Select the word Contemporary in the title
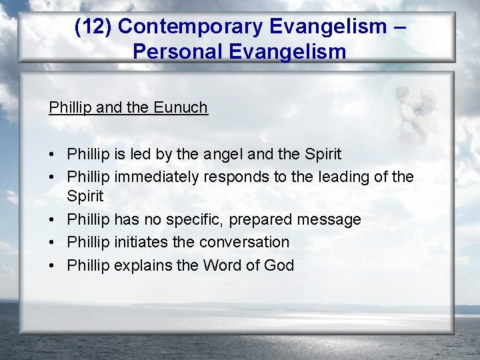(x=185, y=27)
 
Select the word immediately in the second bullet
(x=159, y=177)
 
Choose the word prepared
(x=269, y=219)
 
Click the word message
(x=331, y=219)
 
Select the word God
(x=279, y=265)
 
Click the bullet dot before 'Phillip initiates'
(x=52, y=243)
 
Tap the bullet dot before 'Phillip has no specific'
(x=52, y=220)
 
